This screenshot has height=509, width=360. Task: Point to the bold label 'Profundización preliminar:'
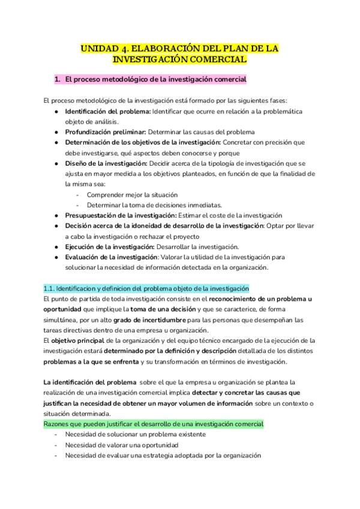pos(106,131)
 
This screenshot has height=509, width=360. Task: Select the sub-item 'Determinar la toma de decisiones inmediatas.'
pos(154,205)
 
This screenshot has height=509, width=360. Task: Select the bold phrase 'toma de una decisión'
pos(166,309)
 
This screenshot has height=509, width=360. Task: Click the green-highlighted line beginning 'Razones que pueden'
pos(154,424)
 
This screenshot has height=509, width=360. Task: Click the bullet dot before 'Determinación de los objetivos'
pos(56,142)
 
